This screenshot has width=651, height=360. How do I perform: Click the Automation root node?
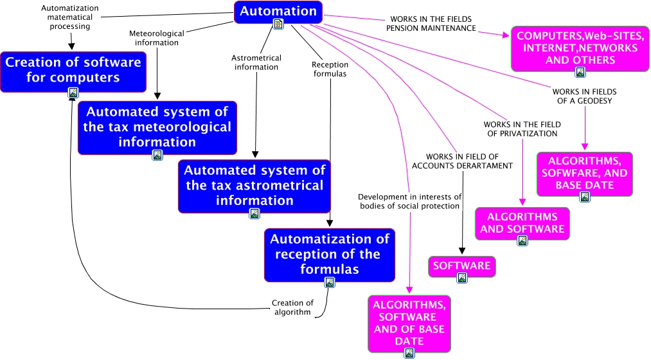click(x=278, y=12)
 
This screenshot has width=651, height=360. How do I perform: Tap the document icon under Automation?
click(x=278, y=24)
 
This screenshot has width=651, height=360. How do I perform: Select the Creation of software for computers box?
click(x=73, y=70)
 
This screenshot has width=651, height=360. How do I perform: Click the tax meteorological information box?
click(x=157, y=126)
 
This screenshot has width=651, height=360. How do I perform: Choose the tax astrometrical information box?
click(x=254, y=185)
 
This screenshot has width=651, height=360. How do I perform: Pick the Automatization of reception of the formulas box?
click(x=329, y=254)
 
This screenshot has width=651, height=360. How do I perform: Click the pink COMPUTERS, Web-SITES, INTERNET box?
click(x=575, y=48)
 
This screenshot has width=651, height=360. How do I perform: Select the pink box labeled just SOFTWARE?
click(x=461, y=265)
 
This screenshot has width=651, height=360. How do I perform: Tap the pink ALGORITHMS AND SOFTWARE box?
click(x=522, y=222)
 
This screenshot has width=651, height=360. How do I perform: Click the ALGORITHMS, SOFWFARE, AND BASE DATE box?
click(x=584, y=173)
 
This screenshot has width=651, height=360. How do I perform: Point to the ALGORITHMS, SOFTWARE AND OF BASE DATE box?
click(x=409, y=323)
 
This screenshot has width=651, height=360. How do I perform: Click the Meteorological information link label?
click(x=156, y=38)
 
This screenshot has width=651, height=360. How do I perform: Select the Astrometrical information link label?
click(x=256, y=62)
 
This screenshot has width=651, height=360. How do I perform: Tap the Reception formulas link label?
click(x=330, y=69)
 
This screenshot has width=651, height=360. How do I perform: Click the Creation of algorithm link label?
click(x=292, y=307)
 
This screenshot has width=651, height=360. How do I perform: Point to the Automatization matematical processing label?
click(x=70, y=17)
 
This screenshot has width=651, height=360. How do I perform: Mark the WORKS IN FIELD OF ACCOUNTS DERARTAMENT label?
click(x=462, y=161)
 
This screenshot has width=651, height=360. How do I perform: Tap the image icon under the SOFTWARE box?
click(x=461, y=278)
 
